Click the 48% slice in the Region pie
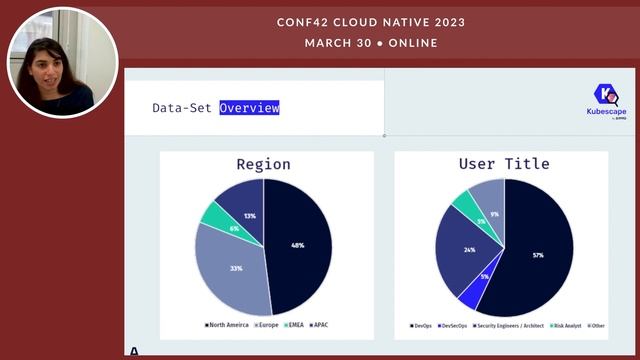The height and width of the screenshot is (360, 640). (298, 245)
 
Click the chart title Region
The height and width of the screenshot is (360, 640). (263, 164)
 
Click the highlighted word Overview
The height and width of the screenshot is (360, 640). (249, 107)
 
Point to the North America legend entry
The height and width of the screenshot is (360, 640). (224, 325)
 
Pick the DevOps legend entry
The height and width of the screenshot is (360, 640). (423, 325)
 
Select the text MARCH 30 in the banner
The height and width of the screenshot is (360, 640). (338, 43)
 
